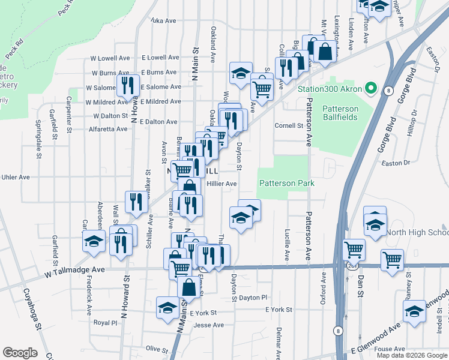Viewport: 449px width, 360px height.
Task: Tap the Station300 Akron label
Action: pyautogui.click(x=330, y=89)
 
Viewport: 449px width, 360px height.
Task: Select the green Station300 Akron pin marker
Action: pyautogui.click(x=371, y=89)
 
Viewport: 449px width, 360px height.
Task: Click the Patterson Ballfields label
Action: pyautogui.click(x=340, y=113)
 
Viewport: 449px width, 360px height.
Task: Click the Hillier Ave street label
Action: pyautogui.click(x=222, y=184)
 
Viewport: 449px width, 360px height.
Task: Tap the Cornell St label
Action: pyautogui.click(x=289, y=126)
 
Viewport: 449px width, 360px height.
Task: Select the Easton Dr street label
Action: pyautogui.click(x=395, y=162)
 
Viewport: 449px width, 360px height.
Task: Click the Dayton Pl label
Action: pyautogui.click(x=253, y=298)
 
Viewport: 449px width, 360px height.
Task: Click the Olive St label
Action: pyautogui.click(x=157, y=349)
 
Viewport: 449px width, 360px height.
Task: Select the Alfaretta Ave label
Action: pyautogui.click(x=106, y=128)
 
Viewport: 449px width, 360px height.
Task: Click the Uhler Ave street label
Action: pyautogui.click(x=16, y=177)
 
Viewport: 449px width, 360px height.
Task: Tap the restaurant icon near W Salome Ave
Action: pyautogui.click(x=127, y=85)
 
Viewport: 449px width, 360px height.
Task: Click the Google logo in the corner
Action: pyautogui.click(x=20, y=353)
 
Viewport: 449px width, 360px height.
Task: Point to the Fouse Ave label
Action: pyautogui.click(x=390, y=349)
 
